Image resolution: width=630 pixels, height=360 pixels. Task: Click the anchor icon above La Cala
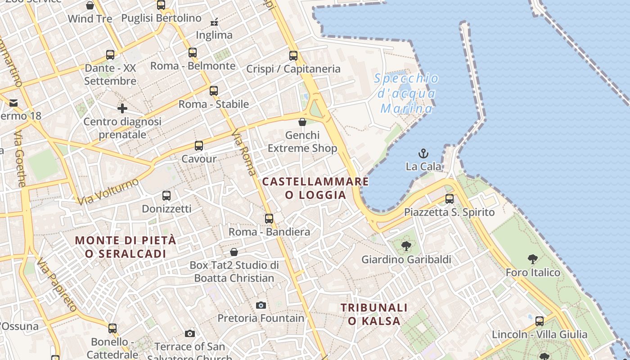coord(423,153)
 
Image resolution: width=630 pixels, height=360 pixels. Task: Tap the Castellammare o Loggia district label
coord(315,188)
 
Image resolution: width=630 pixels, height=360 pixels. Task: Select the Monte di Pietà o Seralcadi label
coord(126,247)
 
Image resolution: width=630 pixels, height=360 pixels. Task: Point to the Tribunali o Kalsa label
coord(374,314)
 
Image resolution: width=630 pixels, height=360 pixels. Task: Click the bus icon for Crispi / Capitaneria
coord(293,56)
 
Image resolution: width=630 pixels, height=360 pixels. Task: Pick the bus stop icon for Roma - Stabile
coord(214,91)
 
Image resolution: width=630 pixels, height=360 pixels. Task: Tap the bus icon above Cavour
coord(199,146)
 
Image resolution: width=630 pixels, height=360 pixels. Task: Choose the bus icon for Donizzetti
coord(166,196)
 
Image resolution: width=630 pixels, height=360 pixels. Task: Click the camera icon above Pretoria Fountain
coord(261,306)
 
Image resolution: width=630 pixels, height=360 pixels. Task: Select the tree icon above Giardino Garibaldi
coord(406,246)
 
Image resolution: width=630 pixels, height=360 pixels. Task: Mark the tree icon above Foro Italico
coord(533,259)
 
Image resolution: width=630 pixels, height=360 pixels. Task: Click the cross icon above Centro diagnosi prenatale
coord(122,108)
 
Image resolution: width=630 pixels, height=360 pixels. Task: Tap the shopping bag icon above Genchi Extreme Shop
coord(302,122)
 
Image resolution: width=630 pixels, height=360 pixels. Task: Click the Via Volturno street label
coord(108,191)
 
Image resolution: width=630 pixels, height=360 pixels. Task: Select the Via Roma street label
coord(243,152)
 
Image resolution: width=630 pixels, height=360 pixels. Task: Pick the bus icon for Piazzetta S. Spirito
coord(449,199)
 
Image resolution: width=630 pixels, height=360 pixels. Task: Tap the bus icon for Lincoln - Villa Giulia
coord(539,321)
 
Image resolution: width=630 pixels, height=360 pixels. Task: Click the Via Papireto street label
coord(56,285)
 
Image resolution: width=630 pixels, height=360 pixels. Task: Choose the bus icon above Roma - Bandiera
coord(269,219)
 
